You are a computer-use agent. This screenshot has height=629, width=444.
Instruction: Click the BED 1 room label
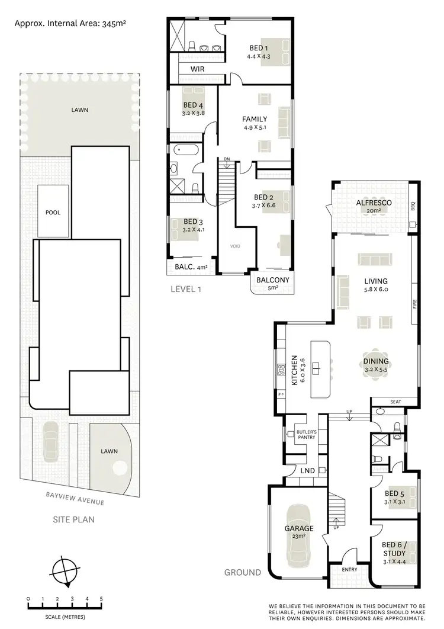tap(258, 49)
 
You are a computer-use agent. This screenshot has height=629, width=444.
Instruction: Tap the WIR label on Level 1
tap(197, 69)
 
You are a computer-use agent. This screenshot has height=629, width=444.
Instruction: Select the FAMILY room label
tap(255, 119)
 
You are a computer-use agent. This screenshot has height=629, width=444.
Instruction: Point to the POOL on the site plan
tap(53, 212)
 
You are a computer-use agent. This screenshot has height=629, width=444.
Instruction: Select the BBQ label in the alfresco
tap(413, 207)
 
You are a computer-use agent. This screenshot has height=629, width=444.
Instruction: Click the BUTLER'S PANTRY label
tap(307, 435)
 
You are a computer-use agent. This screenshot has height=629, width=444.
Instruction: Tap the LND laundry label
tap(307, 471)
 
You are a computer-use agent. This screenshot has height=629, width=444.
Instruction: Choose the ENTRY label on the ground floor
tap(349, 570)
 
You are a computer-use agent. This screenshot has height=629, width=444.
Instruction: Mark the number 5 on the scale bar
tap(101, 599)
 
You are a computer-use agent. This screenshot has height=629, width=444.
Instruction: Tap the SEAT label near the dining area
tap(395, 402)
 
